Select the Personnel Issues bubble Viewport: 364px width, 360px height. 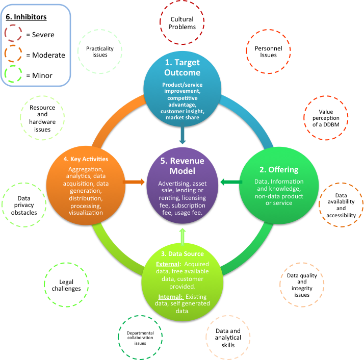point(268,52)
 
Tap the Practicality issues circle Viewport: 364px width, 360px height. point(100,52)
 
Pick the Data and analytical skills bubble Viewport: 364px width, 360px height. point(225,337)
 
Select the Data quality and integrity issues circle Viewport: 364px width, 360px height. point(302,285)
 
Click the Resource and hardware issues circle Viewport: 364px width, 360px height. point(42,119)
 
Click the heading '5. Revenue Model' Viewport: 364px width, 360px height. point(182,165)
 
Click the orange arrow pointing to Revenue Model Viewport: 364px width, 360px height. point(135,182)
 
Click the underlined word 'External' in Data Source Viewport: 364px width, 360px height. point(167,264)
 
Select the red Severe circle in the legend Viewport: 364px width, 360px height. point(16,35)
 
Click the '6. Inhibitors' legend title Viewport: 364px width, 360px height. point(27,17)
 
